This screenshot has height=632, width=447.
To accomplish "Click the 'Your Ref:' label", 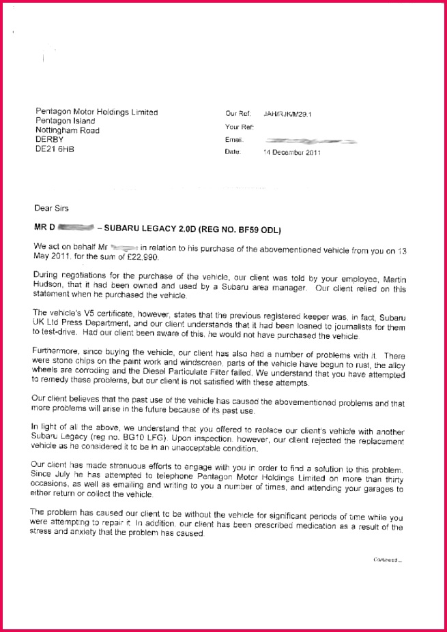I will tap(239, 127).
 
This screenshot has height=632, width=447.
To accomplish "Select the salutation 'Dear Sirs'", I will tap(52, 208).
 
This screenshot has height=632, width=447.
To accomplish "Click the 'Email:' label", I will tap(234, 140).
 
